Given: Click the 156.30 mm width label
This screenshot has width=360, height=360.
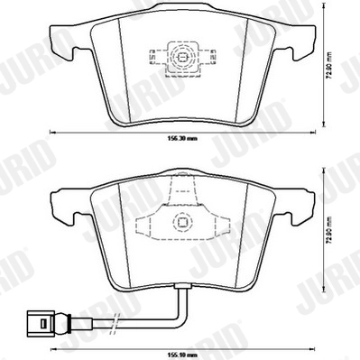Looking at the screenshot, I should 180,139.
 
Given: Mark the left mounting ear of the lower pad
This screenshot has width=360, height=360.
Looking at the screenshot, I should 58,204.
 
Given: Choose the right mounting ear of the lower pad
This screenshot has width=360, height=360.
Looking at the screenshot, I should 303,204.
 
